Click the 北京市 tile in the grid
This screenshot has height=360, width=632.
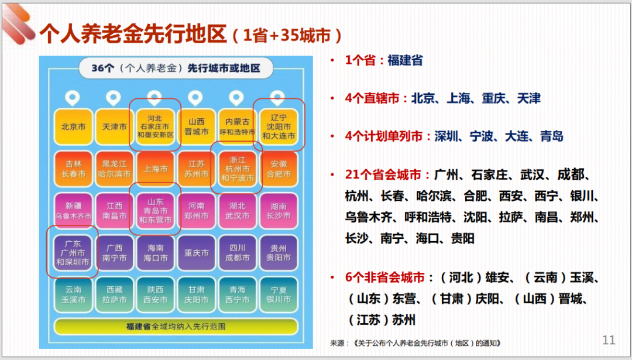tap(73, 126)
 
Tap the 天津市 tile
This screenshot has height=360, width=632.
tap(115, 126)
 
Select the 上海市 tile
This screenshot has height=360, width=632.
tap(155, 169)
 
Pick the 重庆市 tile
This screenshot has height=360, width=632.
tap(196, 253)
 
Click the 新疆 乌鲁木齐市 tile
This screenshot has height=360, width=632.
tap(73, 211)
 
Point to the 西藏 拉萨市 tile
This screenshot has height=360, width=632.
tap(115, 294)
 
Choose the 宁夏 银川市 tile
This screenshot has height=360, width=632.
tap(279, 294)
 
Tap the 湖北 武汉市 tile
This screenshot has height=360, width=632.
tap(238, 211)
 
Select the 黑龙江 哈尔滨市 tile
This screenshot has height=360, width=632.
tap(115, 169)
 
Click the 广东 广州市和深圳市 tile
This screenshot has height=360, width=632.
tap(73, 253)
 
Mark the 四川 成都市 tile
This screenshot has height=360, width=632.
tap(238, 253)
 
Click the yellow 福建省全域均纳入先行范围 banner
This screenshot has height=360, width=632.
tap(176, 326)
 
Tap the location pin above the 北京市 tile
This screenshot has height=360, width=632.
tap(73, 98)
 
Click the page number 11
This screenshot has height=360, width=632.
tap(609, 340)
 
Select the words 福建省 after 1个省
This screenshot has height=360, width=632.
tap(405, 60)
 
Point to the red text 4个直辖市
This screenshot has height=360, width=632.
tap(372, 98)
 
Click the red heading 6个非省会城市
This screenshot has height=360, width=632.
tap(385, 277)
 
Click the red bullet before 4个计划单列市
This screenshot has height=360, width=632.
tap(332, 136)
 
